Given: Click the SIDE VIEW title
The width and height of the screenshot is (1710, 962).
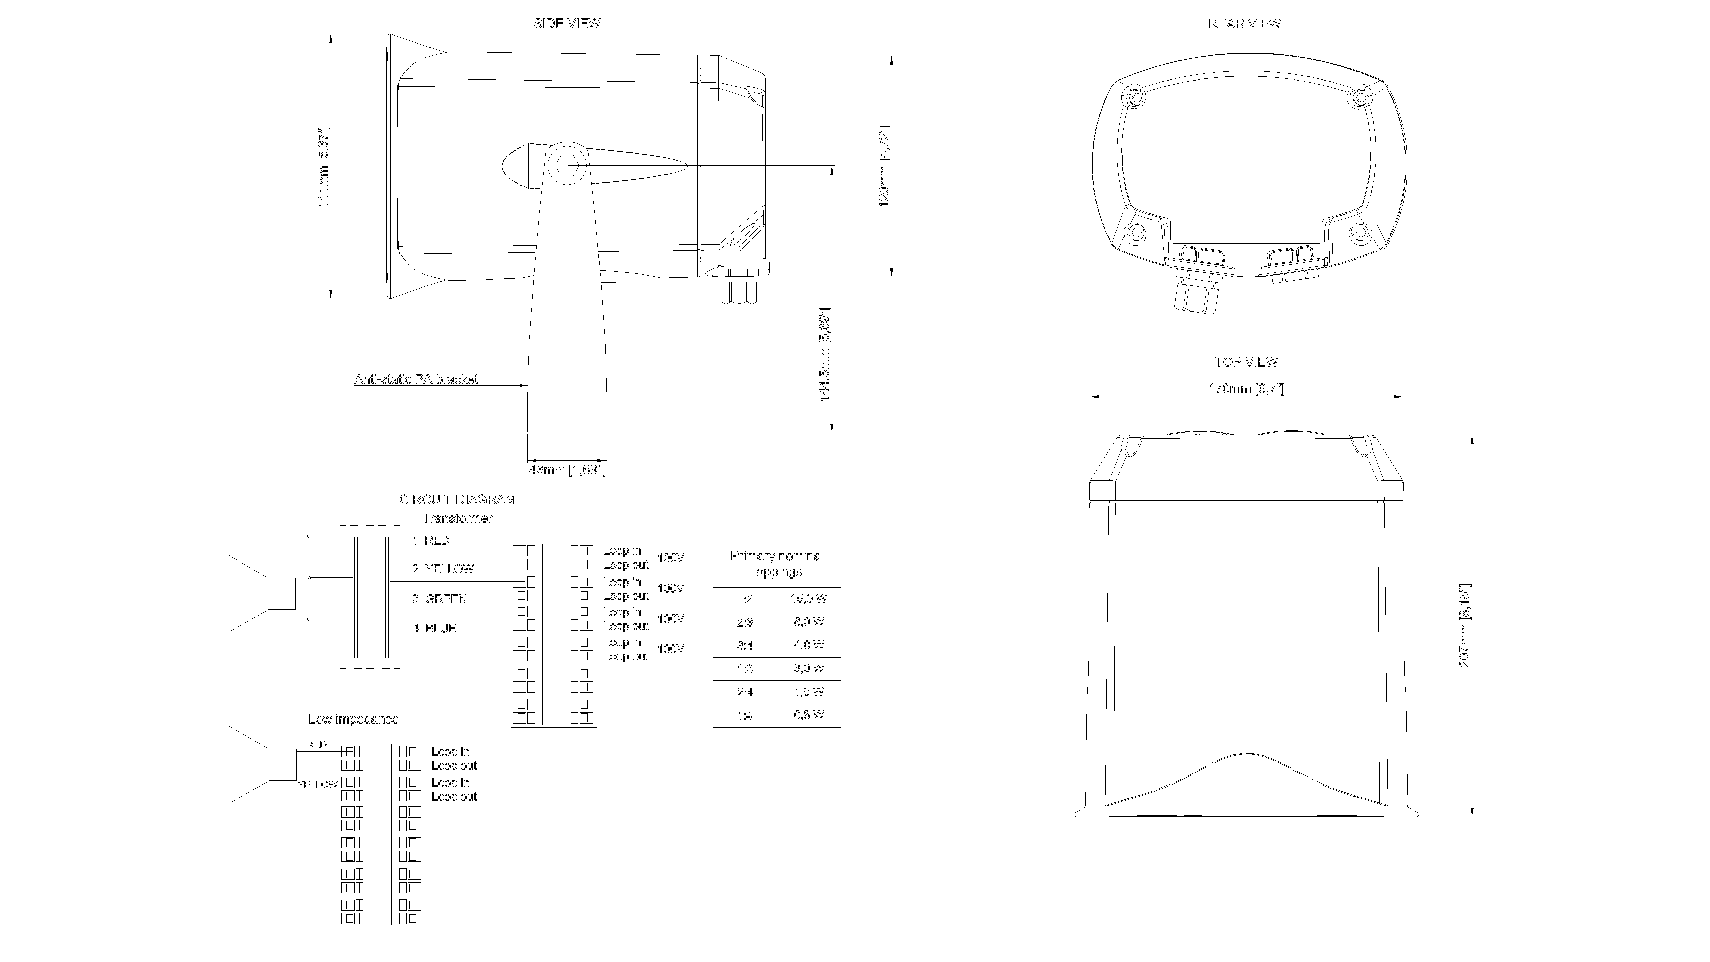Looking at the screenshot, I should click(x=567, y=23).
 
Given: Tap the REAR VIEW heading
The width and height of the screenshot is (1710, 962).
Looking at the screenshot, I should click(x=1244, y=24).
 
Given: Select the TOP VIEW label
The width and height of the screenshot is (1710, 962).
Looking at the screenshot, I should click(x=1246, y=362).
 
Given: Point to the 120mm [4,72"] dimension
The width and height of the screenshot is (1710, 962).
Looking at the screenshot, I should click(x=884, y=166).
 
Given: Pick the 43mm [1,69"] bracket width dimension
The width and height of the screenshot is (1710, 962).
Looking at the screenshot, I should click(x=567, y=470).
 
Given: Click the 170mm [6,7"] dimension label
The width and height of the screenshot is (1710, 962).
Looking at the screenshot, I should click(x=1246, y=388).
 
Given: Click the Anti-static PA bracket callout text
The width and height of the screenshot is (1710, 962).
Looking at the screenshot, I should click(x=416, y=380).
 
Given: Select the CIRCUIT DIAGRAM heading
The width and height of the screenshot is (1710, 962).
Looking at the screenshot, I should click(x=457, y=499).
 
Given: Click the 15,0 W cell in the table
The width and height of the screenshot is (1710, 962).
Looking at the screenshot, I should click(x=809, y=598).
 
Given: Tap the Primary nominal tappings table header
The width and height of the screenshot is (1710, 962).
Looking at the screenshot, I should click(x=777, y=564).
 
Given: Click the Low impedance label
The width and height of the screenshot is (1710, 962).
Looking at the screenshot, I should click(x=353, y=719).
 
